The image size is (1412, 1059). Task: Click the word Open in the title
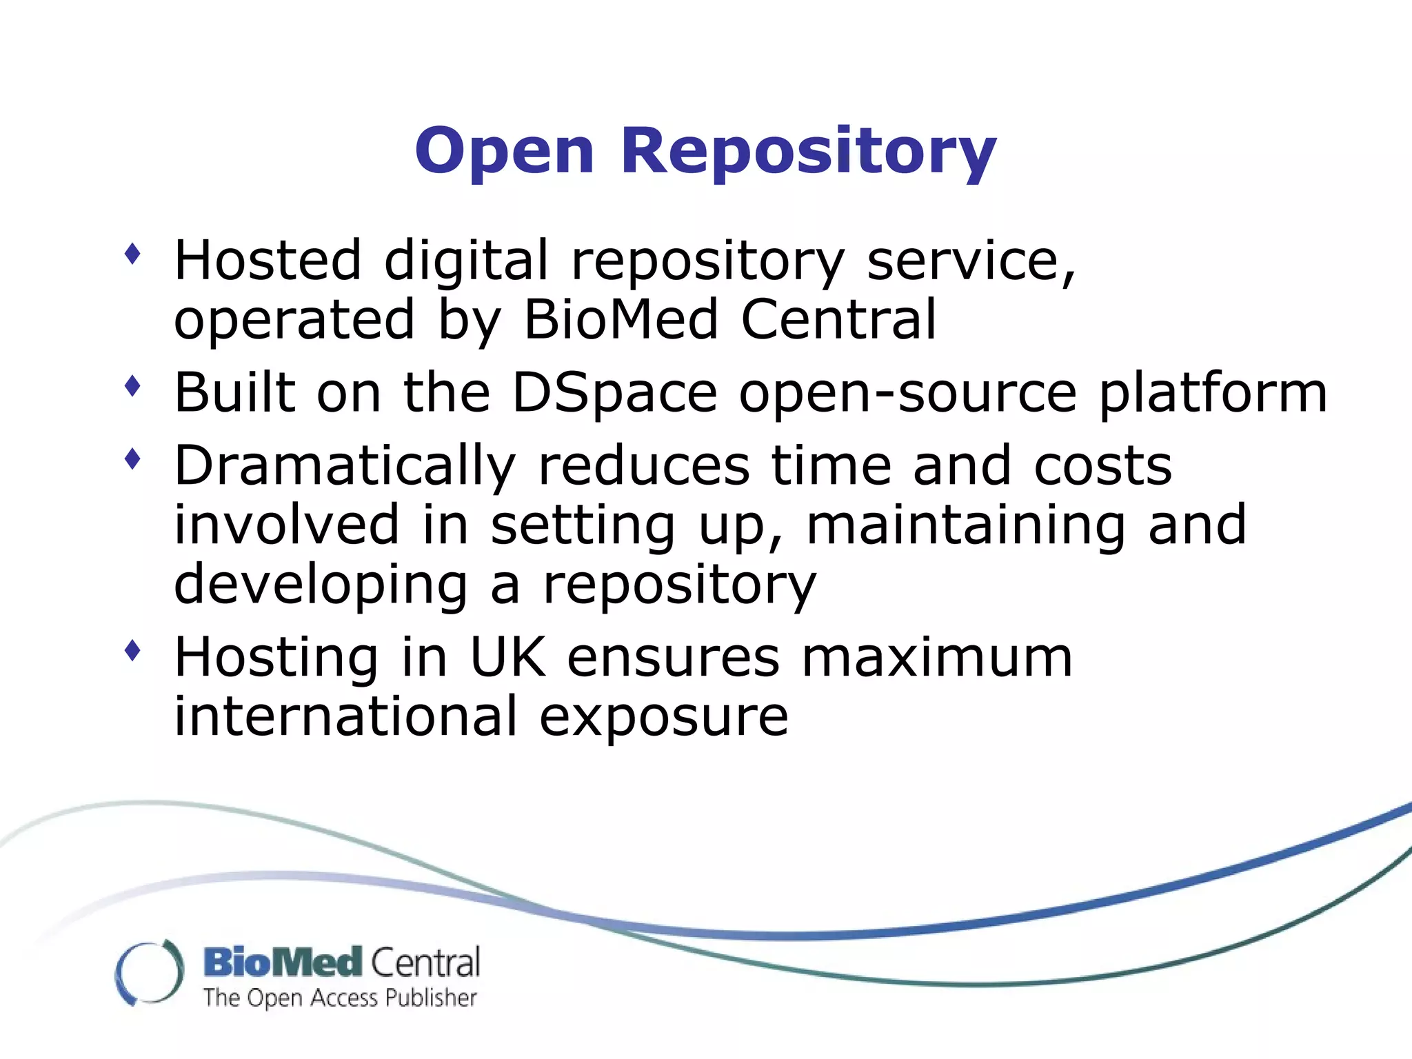coord(504,151)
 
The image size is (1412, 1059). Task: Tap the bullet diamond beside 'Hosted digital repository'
coord(132,254)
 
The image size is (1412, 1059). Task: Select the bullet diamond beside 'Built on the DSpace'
coord(132,387)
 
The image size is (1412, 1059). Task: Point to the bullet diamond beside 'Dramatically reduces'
coord(132,459)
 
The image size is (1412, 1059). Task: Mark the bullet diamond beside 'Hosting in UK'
coord(132,650)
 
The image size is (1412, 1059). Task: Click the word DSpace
coord(614,393)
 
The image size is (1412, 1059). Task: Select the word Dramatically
coord(345,466)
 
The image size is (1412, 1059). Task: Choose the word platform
coord(1213,393)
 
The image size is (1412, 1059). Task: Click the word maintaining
coord(966,525)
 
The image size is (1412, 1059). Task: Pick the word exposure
coord(663,716)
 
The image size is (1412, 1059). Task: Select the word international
coord(345,716)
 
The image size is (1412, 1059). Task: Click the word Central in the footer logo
coord(425,962)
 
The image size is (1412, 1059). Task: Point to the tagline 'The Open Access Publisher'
coord(340,998)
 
